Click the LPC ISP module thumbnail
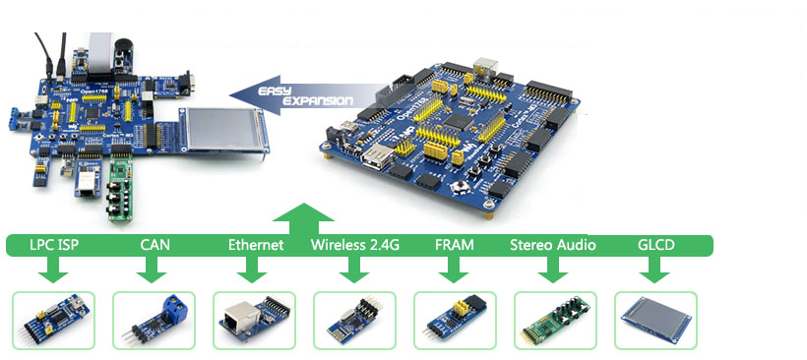point(54,320)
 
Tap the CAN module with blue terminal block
point(155,320)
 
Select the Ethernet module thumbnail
point(255,320)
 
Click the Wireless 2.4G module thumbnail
point(354,320)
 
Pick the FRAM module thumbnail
point(455,320)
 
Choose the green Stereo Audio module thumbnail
point(555,320)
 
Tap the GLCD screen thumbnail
point(655,320)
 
